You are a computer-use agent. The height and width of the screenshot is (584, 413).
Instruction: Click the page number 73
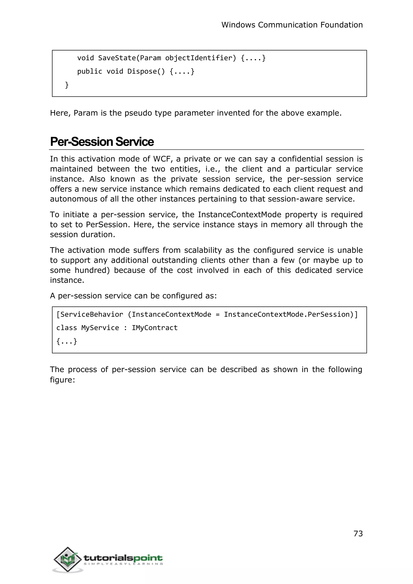coord(358,533)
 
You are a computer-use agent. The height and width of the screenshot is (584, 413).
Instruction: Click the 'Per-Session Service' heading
coord(102,142)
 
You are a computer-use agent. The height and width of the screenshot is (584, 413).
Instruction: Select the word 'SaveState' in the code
coord(117,58)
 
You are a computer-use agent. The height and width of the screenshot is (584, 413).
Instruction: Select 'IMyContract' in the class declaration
coord(154,328)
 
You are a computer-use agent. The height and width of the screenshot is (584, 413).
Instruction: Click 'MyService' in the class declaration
coord(100,328)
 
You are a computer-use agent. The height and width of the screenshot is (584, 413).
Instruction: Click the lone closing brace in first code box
coord(67,85)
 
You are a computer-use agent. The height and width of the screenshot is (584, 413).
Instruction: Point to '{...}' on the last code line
coord(67,341)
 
